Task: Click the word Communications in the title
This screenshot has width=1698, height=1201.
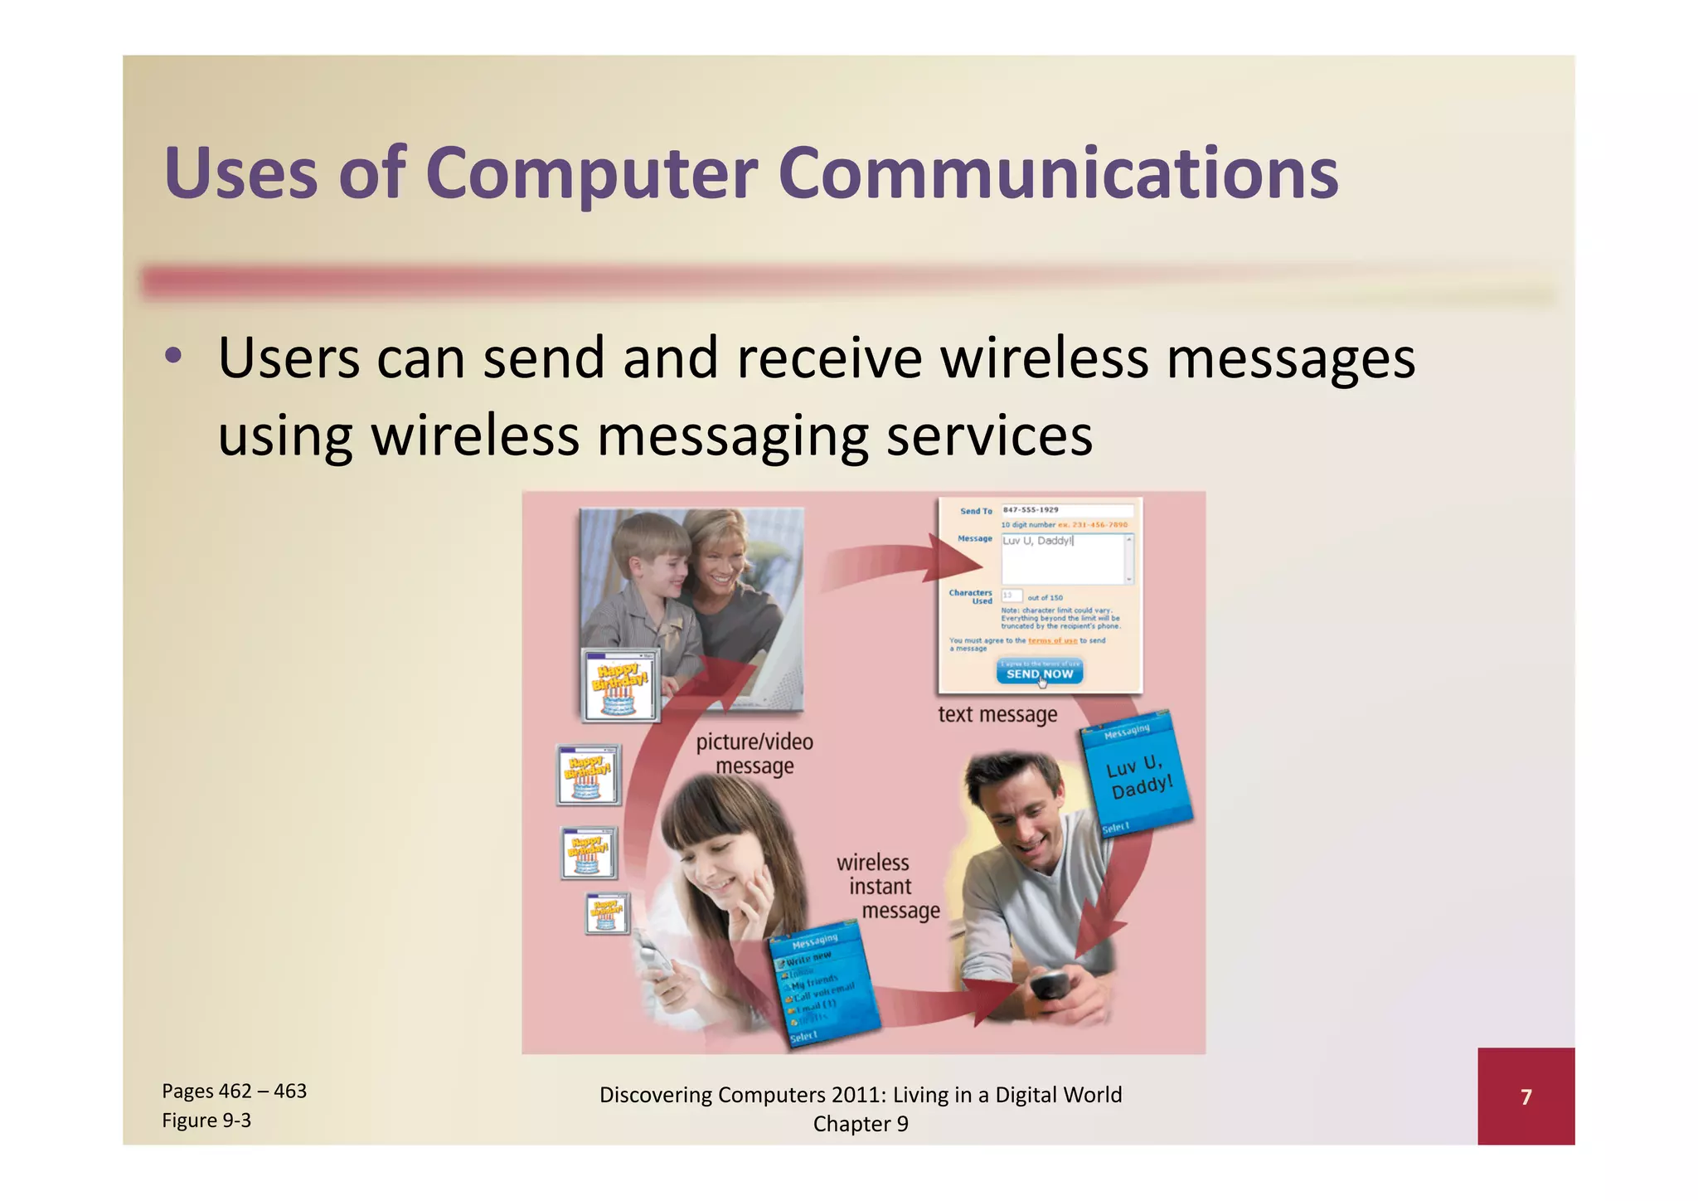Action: (x=1058, y=173)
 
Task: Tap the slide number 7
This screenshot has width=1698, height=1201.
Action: (x=1526, y=1097)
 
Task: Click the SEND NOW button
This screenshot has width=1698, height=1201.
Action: (x=1039, y=673)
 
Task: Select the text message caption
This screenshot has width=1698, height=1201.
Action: (x=997, y=714)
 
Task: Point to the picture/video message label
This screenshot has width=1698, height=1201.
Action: (x=754, y=753)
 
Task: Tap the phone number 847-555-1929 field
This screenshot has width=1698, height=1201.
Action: (x=1066, y=510)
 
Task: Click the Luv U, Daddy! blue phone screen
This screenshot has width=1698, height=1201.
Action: (x=1137, y=775)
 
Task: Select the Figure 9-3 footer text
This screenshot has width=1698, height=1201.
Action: (x=206, y=1121)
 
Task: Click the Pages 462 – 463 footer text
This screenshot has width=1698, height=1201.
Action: (x=235, y=1091)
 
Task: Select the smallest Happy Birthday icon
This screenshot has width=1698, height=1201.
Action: (x=607, y=913)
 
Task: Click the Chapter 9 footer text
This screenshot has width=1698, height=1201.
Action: (x=861, y=1124)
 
